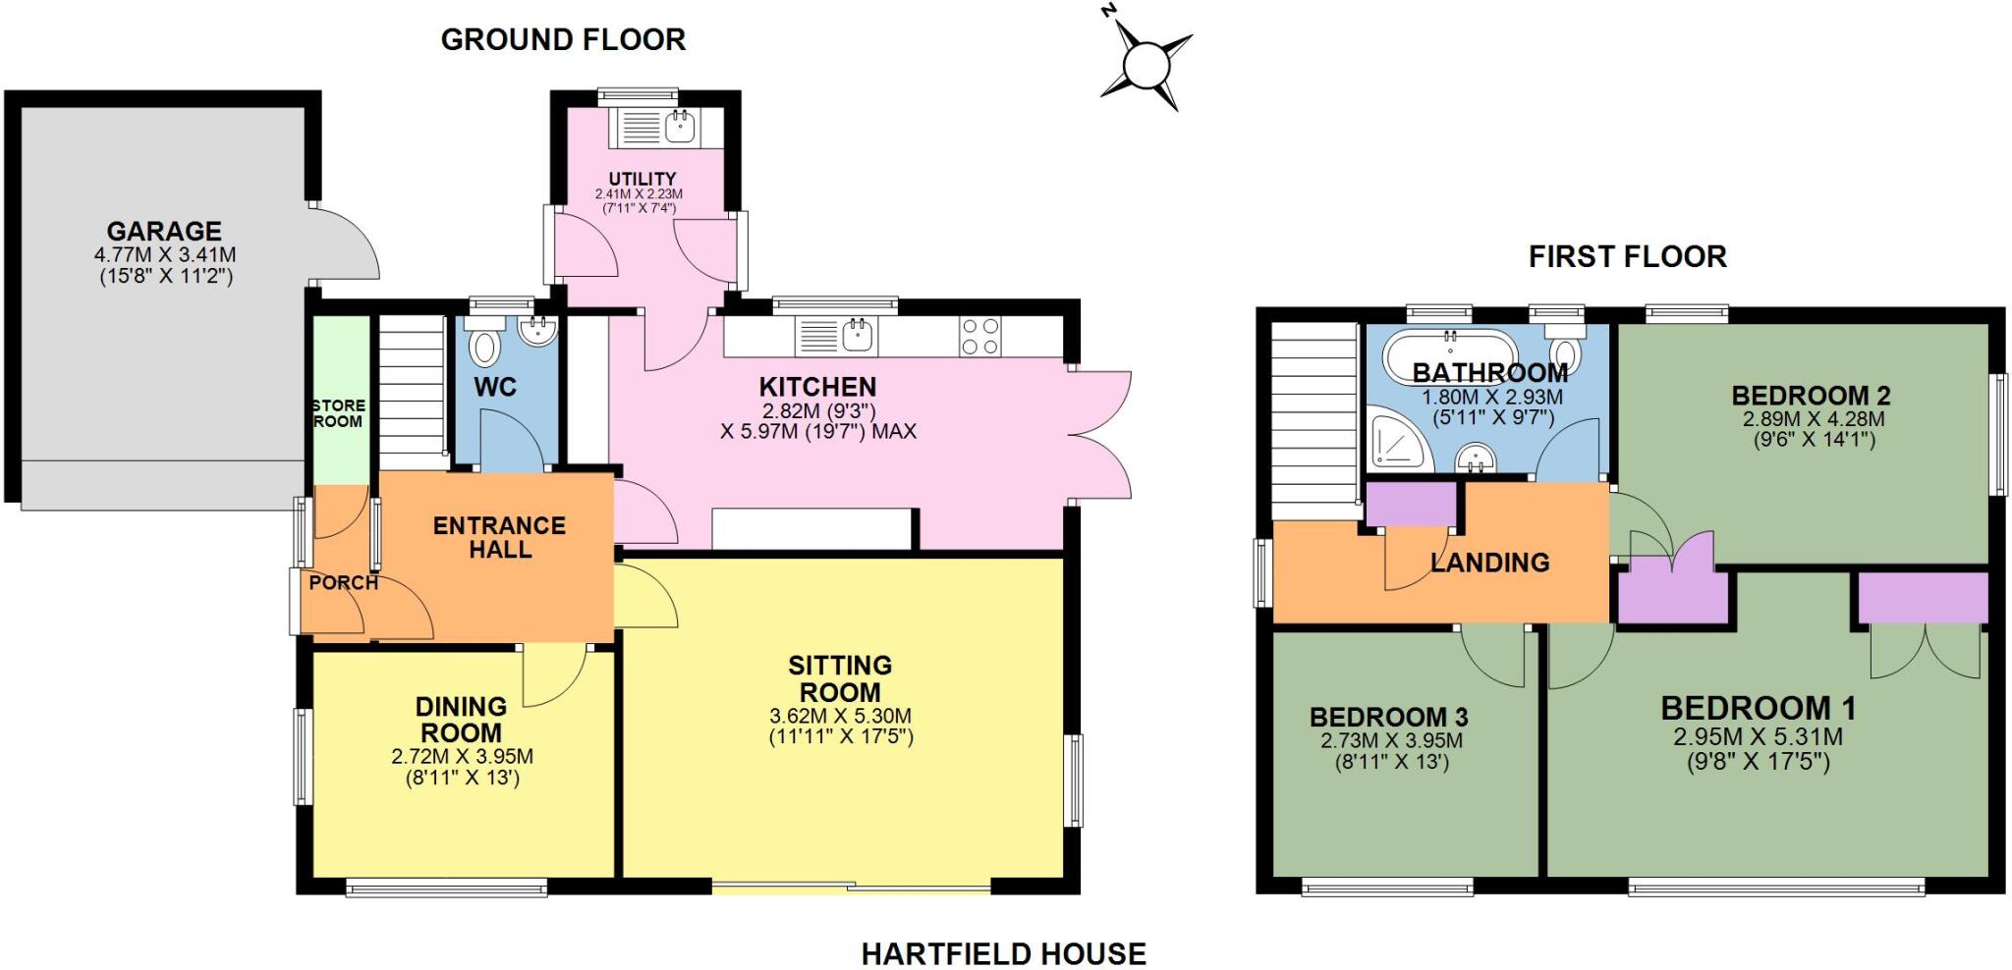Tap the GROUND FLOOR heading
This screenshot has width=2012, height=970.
click(563, 40)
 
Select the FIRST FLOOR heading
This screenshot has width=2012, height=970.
click(1627, 257)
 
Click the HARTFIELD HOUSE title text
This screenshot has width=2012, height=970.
click(1003, 953)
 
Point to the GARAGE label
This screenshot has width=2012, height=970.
click(164, 232)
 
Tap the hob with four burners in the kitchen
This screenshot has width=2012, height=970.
click(979, 336)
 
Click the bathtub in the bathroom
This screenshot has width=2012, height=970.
click(1450, 355)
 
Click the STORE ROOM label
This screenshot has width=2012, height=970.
click(338, 413)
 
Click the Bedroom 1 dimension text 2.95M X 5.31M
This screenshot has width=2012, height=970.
click(1758, 736)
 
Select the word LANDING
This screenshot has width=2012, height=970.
click(1489, 563)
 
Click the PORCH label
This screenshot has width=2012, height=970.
click(343, 582)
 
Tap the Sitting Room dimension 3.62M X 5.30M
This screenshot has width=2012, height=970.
click(840, 716)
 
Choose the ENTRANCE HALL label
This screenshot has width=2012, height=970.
click(499, 537)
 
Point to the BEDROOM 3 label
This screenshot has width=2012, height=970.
click(1388, 717)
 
